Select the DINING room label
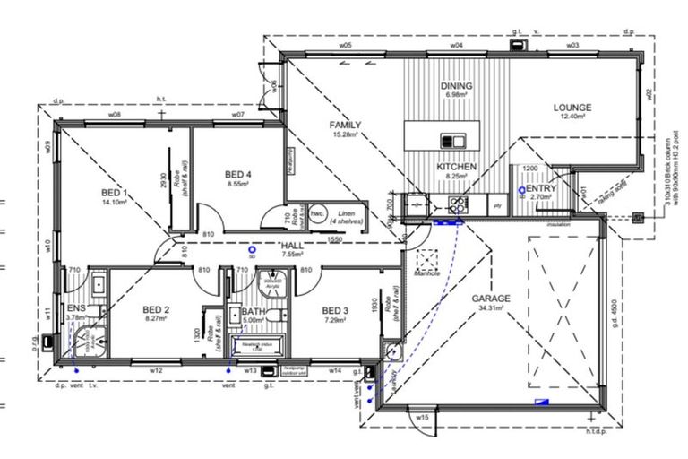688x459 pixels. click(x=456, y=86)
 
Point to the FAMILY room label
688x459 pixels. click(x=344, y=125)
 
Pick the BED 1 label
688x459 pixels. click(x=114, y=193)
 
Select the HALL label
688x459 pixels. click(x=293, y=245)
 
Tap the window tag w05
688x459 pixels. click(x=344, y=45)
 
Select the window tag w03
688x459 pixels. click(x=572, y=45)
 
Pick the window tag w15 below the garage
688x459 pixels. click(x=423, y=417)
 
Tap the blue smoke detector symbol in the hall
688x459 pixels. click(x=253, y=250)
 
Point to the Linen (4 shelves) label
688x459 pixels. click(x=344, y=215)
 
